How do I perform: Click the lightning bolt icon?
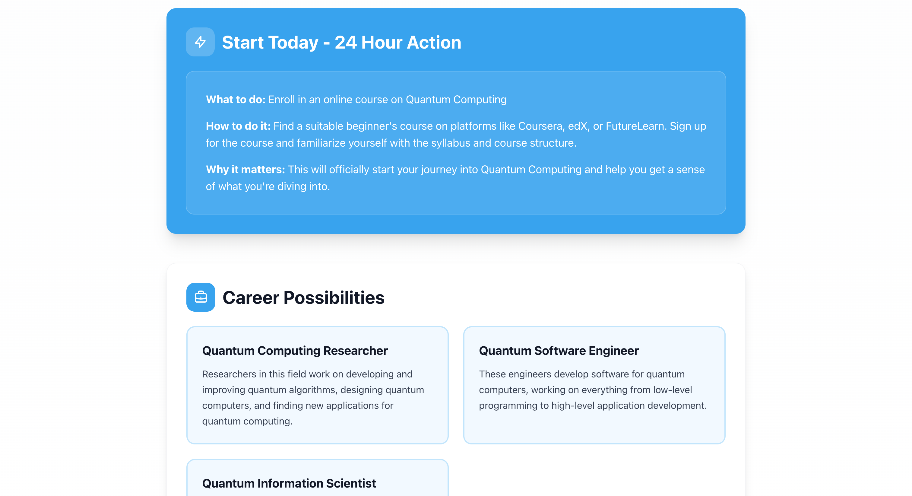(x=200, y=42)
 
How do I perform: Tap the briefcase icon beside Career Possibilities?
(x=201, y=297)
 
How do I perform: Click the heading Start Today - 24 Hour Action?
(x=341, y=43)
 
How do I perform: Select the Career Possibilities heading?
(x=303, y=297)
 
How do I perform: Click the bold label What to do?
(x=236, y=100)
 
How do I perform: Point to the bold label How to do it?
(x=238, y=126)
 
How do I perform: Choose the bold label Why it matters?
(x=245, y=170)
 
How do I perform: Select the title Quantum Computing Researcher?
(x=295, y=351)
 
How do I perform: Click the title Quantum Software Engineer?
(x=559, y=351)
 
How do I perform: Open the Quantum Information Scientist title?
(x=289, y=483)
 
